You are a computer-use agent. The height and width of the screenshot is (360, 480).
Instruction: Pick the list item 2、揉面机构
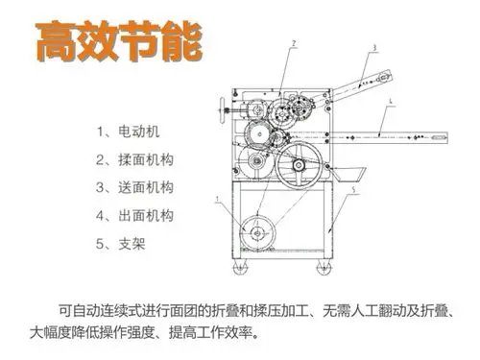[x=133, y=157]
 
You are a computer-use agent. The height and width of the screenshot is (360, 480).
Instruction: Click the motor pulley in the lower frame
[x=256, y=231]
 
